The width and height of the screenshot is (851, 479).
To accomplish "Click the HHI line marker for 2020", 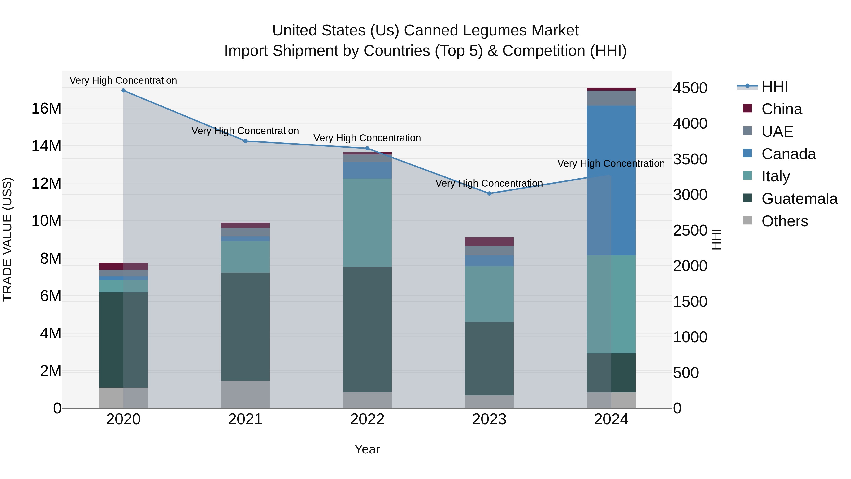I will tap(123, 91).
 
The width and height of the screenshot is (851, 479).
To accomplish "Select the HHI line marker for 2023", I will tap(489, 194).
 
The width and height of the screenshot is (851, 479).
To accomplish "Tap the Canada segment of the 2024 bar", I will tap(611, 180).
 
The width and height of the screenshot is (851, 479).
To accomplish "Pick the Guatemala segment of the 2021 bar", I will tap(245, 327).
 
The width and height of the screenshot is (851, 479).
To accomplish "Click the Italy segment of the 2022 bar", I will tap(367, 223).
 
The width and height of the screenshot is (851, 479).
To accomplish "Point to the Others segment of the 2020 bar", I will tap(123, 398).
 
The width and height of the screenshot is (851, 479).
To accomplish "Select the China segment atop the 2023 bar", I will tap(489, 242).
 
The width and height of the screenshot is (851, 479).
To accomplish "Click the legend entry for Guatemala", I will tap(799, 199).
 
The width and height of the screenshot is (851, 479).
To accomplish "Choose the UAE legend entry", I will tap(777, 132).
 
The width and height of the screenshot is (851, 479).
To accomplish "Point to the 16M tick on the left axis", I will tap(46, 108).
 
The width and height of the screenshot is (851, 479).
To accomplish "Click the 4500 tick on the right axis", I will tap(690, 88).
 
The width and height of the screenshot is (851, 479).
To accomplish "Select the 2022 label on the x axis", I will tap(367, 419).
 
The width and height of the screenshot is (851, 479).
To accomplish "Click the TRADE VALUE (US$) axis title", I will tap(7, 239).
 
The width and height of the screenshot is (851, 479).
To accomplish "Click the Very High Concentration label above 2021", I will tap(245, 131).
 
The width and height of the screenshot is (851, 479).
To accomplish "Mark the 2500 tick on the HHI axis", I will tap(690, 231).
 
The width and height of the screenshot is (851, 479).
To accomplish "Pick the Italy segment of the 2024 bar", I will tap(611, 304).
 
